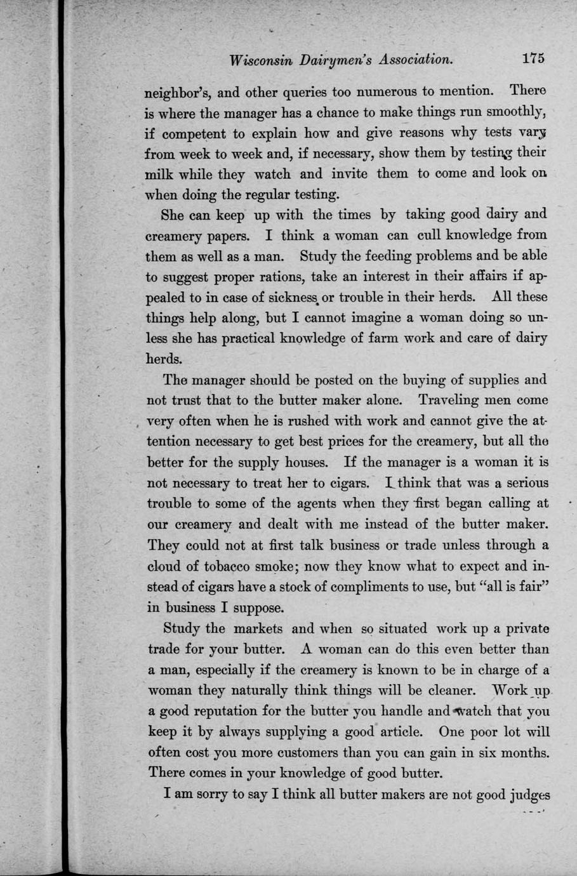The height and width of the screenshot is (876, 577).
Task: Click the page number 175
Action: pyautogui.click(x=534, y=58)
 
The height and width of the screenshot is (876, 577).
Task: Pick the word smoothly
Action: pyautogui.click(x=515, y=113)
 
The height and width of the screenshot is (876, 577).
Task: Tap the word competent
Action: pyautogui.click(x=194, y=134)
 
